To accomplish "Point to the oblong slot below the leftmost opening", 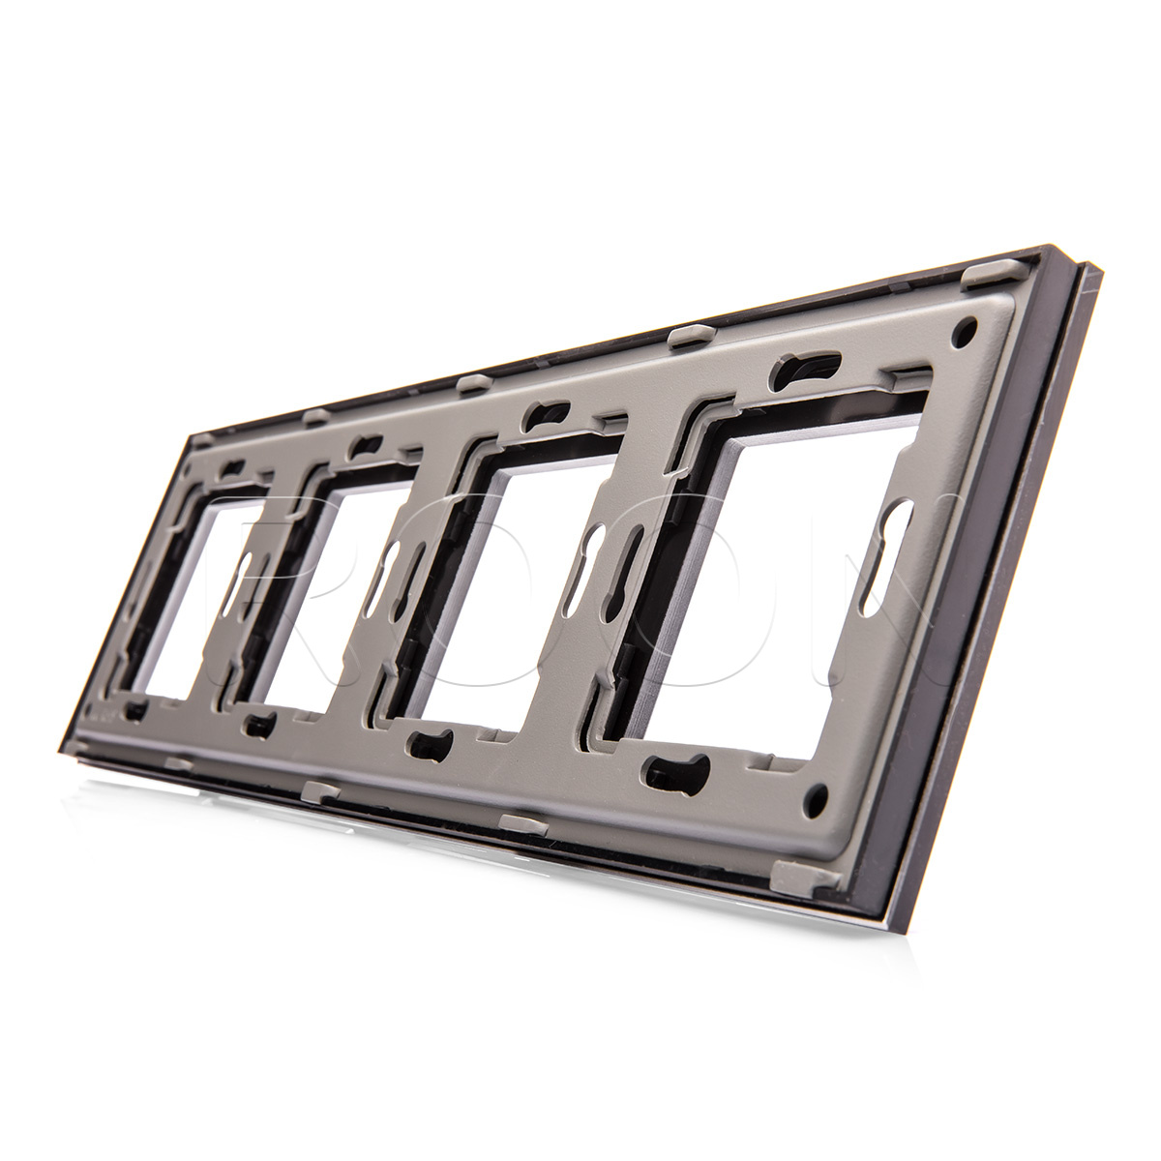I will coord(135,713).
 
